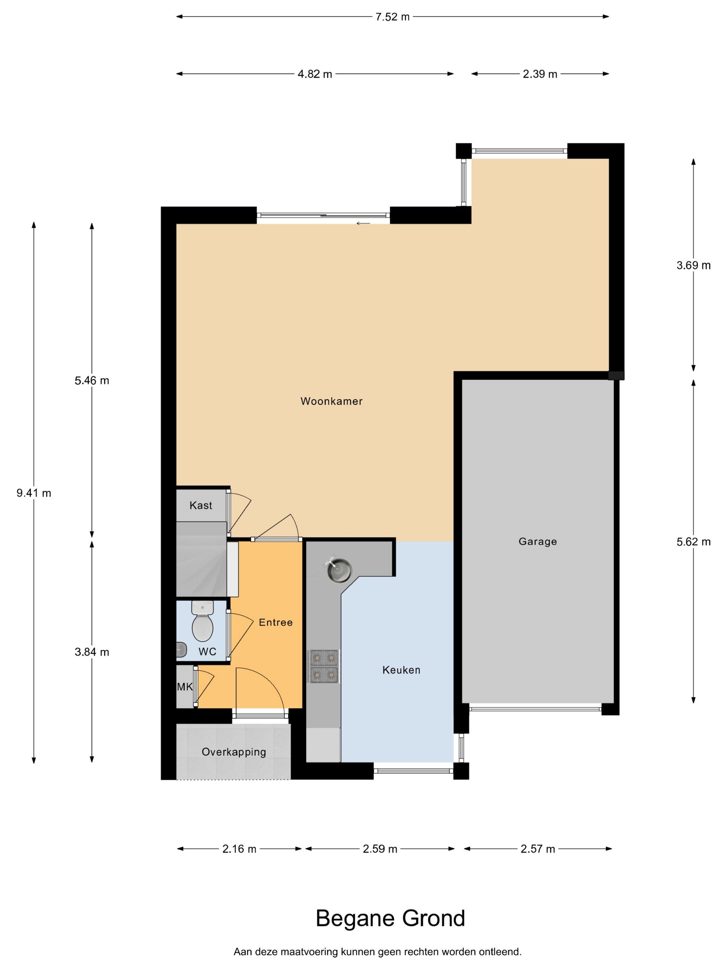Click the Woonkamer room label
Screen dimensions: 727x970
331,401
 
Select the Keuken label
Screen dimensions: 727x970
401,670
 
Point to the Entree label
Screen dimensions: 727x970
276,622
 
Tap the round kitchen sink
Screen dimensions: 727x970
339,570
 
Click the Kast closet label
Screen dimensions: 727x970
201,505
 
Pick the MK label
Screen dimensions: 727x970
185,687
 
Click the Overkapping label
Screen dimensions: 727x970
234,752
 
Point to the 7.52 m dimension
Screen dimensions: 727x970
392,17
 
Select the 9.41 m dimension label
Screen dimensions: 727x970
34,493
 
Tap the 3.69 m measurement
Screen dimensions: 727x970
693,265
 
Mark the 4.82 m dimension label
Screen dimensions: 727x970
315,74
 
